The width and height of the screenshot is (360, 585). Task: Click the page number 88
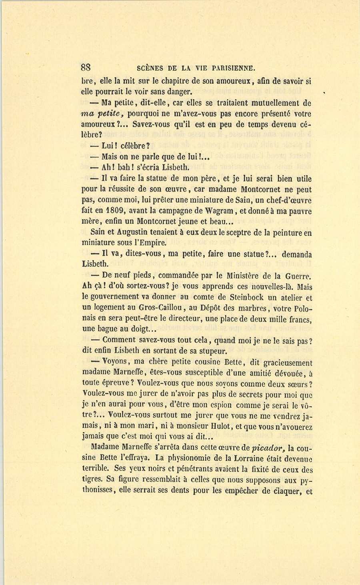coord(86,68)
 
